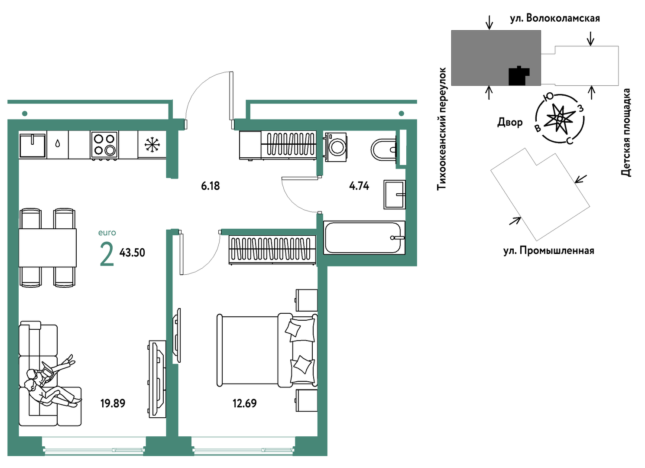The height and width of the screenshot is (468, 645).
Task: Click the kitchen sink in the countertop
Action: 32,145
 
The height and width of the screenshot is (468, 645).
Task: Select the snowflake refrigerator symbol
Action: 152,145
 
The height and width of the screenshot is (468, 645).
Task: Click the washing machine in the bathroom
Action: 335,146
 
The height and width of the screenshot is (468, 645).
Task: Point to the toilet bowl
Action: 384,149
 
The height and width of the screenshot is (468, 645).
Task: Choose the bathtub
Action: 364,237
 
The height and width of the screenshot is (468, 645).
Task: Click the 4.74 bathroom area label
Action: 359,186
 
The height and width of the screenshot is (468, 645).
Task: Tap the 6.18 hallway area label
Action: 210,186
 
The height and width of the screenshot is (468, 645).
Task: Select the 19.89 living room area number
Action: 113,403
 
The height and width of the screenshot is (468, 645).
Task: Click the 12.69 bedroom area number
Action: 244,403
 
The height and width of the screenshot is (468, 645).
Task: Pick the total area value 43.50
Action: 132,253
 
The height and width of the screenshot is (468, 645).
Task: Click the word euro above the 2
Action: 107,233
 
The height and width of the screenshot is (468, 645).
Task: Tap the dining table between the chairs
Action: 48,248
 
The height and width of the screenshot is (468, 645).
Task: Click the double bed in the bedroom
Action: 267,350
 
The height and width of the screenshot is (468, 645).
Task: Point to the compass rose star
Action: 560,118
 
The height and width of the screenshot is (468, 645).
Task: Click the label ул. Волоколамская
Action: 555,18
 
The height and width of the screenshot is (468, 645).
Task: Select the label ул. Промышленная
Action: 548,250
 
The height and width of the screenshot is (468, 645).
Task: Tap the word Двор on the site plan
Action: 510,122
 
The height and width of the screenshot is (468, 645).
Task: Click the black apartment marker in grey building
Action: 519,76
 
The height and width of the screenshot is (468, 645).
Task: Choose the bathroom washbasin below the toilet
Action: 395,195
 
